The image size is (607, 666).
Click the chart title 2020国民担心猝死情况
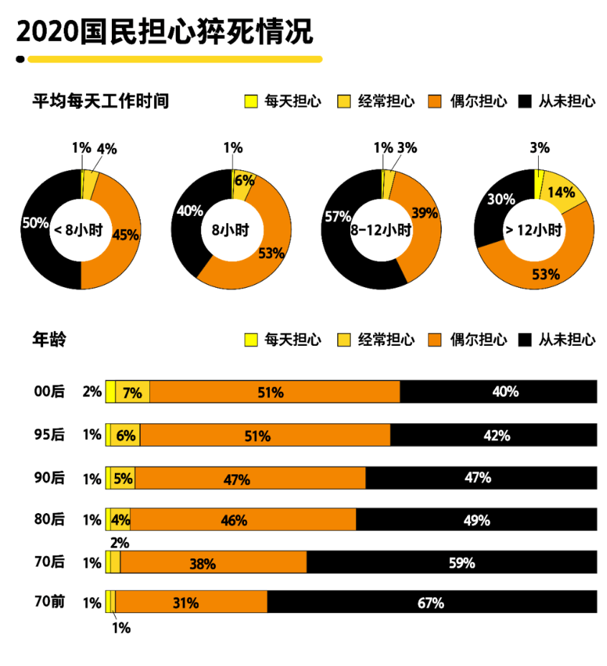tap(164, 32)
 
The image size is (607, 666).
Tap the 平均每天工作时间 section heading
tap(100, 101)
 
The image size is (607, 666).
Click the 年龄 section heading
tap(49, 339)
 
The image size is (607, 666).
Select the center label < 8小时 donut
tap(80, 230)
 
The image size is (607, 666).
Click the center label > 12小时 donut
tap(535, 230)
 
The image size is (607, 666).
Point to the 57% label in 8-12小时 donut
tap(337, 216)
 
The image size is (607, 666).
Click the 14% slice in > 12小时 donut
tap(562, 192)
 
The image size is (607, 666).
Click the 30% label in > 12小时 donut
tap(499, 200)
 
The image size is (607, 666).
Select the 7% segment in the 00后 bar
tap(132, 393)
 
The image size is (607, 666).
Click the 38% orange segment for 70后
tap(213, 563)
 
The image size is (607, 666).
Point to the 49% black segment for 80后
tap(476, 520)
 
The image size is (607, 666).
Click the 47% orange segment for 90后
tap(250, 478)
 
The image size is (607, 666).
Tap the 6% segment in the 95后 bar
tap(125, 435)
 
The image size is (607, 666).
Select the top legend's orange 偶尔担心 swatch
tap(433, 101)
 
